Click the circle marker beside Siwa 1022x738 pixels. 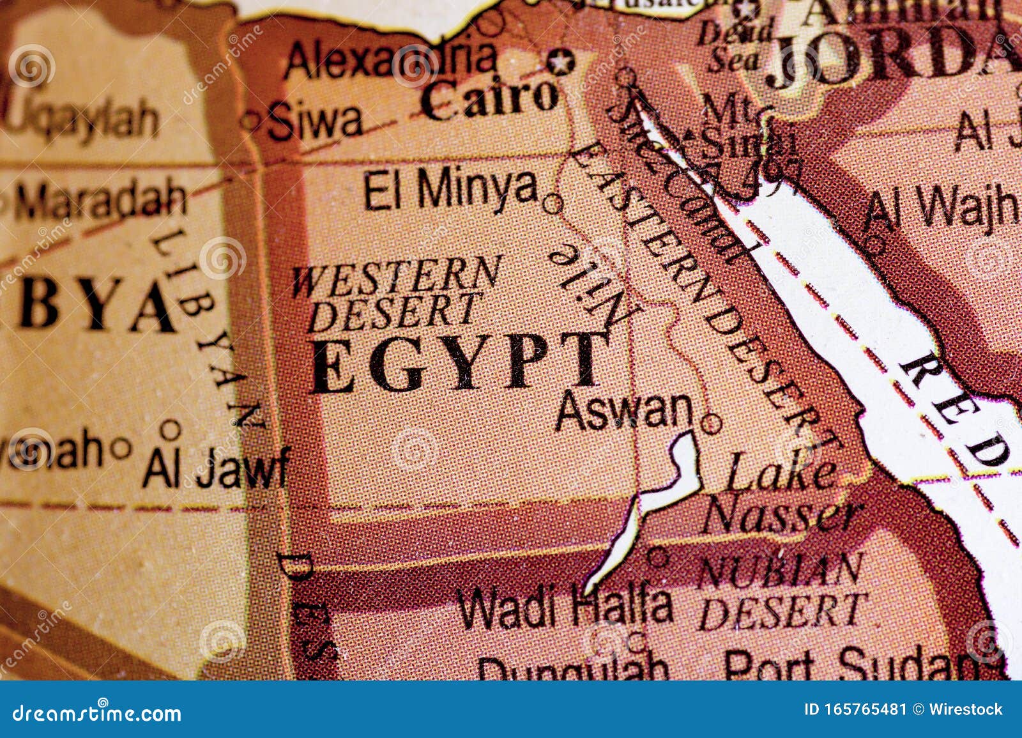click(250, 119)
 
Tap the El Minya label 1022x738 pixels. click(450, 189)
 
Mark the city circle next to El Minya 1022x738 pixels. click(552, 204)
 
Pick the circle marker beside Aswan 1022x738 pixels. click(711, 423)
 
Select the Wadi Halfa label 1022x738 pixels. click(565, 606)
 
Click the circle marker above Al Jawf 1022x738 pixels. click(171, 429)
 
